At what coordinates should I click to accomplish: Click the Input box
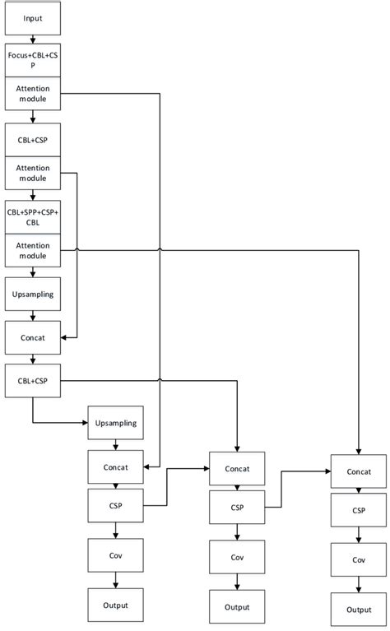pyautogui.click(x=32, y=17)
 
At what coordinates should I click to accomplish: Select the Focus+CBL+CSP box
pyautogui.click(x=32, y=60)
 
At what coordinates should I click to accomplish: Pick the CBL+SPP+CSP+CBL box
pyautogui.click(x=32, y=216)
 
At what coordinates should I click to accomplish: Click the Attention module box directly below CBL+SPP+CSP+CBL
pyautogui.click(x=32, y=250)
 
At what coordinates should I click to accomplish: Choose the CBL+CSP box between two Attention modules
pyautogui.click(x=32, y=140)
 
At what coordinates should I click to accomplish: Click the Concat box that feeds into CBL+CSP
pyautogui.click(x=32, y=336)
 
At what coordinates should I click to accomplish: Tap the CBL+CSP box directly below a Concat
pyautogui.click(x=32, y=380)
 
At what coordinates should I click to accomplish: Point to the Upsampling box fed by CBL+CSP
pyautogui.click(x=116, y=423)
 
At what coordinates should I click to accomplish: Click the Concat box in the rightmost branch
pyautogui.click(x=359, y=471)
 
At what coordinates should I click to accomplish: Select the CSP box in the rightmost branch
pyautogui.click(x=359, y=510)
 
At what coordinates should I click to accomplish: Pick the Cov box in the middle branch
pyautogui.click(x=237, y=558)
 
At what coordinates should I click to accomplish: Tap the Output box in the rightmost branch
pyautogui.click(x=359, y=610)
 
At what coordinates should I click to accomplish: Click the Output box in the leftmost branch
pyautogui.click(x=116, y=605)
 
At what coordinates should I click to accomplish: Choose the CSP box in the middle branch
pyautogui.click(x=237, y=508)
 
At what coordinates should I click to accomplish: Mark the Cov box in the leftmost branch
pyautogui.click(x=116, y=555)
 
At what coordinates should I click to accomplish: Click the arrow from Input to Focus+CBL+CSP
pyautogui.click(x=32, y=38)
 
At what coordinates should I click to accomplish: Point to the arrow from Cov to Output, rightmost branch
pyautogui.click(x=359, y=584)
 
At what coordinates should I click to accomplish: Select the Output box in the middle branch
pyautogui.click(x=237, y=607)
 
